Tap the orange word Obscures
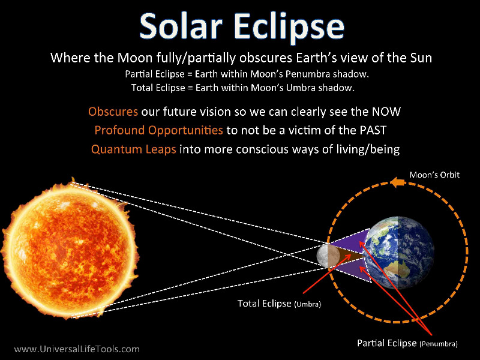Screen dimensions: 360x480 click(x=113, y=112)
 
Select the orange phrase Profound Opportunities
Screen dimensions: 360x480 click(x=158, y=130)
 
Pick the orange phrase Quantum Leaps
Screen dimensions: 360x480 click(x=133, y=149)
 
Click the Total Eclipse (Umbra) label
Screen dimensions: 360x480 click(x=279, y=304)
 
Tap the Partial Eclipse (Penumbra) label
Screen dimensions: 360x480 click(x=407, y=343)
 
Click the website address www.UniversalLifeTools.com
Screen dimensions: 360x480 click(x=77, y=349)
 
